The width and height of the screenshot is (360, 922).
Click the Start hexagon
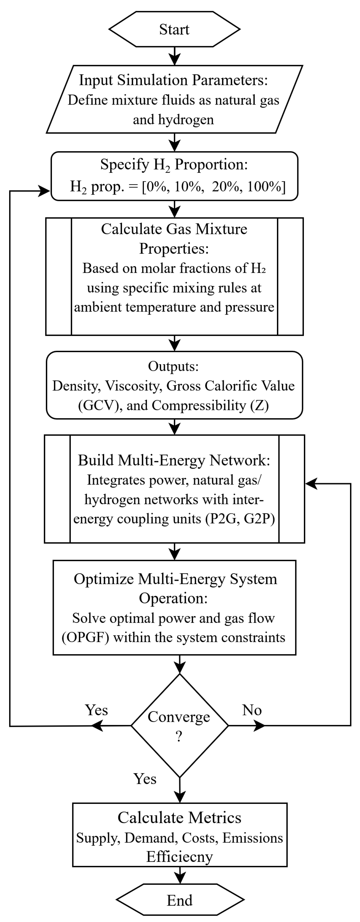point(174,29)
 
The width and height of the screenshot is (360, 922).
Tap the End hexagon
point(180,900)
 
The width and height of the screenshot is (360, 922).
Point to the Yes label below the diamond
point(145,779)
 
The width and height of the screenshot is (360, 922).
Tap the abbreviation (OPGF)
point(85,637)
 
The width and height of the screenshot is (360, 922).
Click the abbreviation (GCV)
point(98,406)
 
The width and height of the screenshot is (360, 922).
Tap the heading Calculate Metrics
point(180,818)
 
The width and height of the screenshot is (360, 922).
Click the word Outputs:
point(173,366)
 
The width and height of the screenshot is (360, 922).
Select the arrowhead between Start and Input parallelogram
point(174,59)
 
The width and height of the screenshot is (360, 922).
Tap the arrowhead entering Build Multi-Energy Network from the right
point(311,484)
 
